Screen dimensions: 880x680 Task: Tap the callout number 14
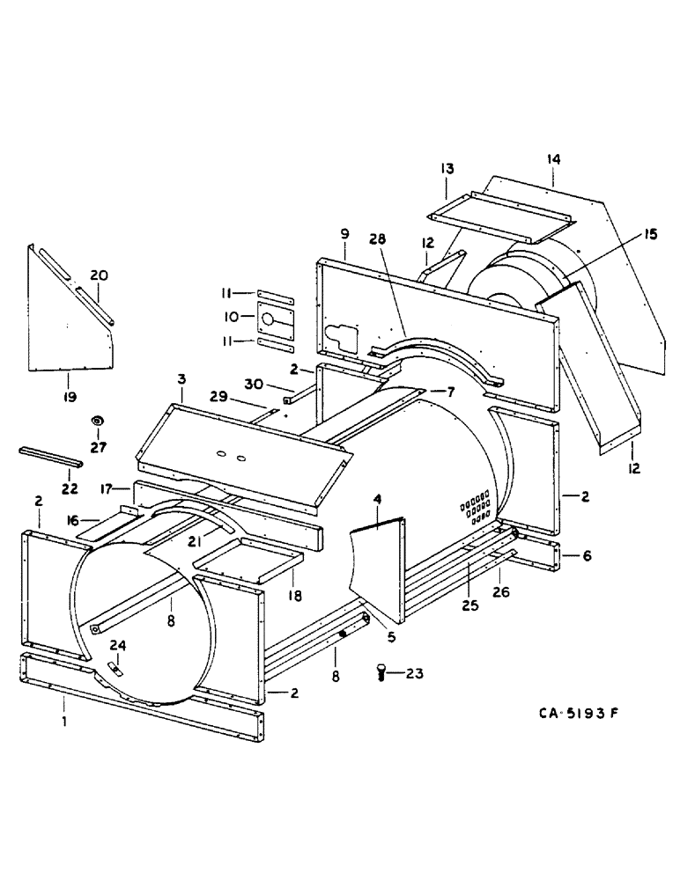[x=552, y=159]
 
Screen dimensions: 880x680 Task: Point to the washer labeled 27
[x=97, y=422]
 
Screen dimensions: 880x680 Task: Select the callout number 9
[x=344, y=233]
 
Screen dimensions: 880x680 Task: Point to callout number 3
[x=181, y=379]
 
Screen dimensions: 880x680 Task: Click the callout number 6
[x=588, y=556]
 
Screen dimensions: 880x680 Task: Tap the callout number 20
[x=100, y=275]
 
